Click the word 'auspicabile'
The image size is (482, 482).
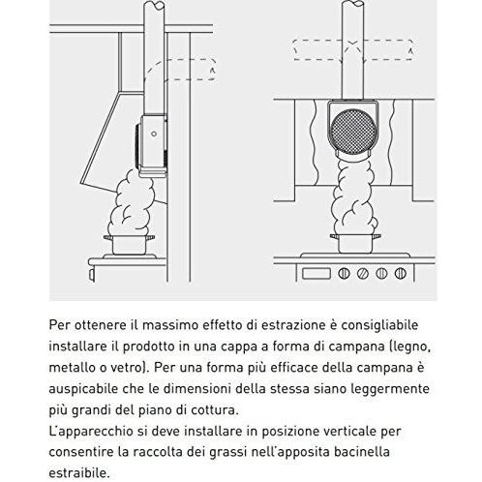tap(86, 391)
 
